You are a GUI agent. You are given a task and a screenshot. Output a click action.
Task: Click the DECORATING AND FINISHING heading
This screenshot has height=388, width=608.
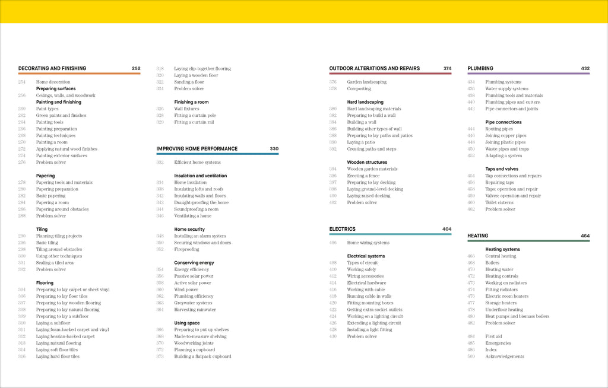coord(52,68)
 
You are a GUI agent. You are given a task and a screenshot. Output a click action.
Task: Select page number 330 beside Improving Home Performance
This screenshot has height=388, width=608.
coord(274,149)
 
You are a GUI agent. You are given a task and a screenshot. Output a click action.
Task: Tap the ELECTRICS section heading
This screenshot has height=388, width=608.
coord(343,229)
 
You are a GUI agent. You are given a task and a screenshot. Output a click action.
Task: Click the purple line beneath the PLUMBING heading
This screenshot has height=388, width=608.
coord(528,74)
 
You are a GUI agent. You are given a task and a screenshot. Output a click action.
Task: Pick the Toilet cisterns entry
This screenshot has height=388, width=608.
coord(499,202)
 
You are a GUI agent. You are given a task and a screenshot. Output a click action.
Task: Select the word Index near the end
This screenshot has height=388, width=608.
coord(492,350)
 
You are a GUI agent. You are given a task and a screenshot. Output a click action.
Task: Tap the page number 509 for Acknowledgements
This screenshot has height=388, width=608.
coord(471,357)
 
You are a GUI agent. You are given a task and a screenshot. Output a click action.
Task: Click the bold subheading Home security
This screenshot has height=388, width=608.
coord(189,229)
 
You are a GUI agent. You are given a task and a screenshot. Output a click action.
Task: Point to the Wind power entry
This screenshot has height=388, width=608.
coord(186,290)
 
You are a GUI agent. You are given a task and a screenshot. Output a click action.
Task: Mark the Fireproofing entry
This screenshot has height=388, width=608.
coord(188,249)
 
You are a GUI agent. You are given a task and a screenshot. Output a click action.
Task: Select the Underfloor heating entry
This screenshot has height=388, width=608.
coord(504,310)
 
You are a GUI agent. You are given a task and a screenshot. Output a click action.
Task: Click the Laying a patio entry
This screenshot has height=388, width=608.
coord(362,142)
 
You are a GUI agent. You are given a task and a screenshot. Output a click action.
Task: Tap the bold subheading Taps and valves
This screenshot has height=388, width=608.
coord(502,169)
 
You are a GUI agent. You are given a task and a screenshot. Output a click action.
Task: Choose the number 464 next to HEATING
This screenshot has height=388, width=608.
coord(585,236)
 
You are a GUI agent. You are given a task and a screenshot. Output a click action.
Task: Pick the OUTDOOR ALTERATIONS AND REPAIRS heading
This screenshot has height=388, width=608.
coord(374,68)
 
